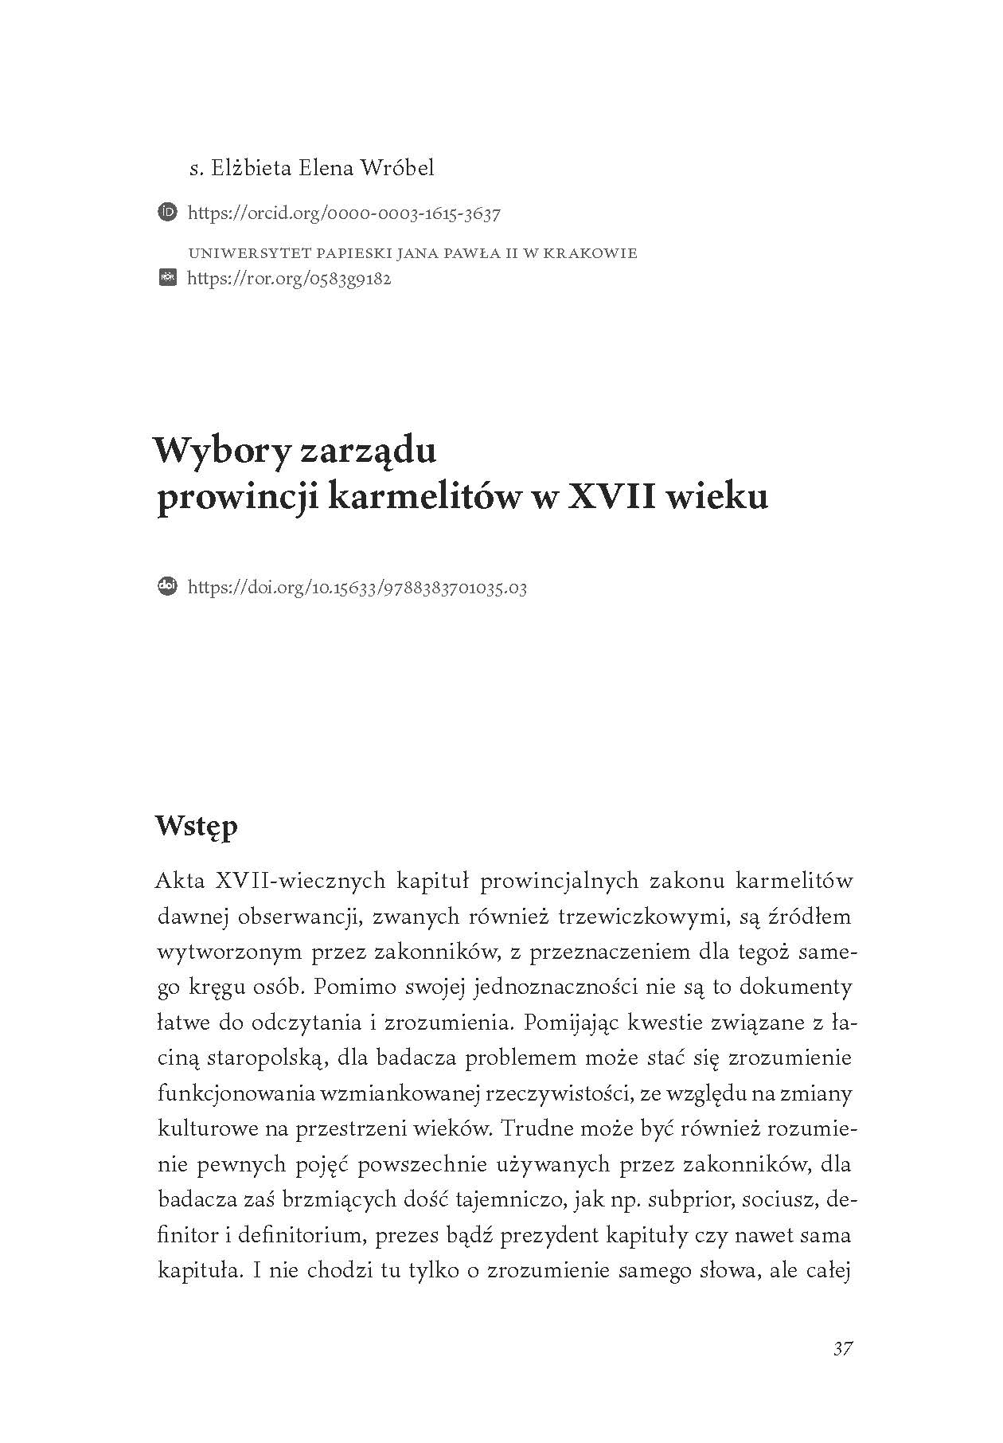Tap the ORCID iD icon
pos(168,213)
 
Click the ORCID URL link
pos(344,213)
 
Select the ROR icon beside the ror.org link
pos(168,278)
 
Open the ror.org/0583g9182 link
pos(289,279)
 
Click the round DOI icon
pos(168,586)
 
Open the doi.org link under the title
pos(357,588)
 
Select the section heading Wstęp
pos(197,826)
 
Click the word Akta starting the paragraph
pos(181,881)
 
